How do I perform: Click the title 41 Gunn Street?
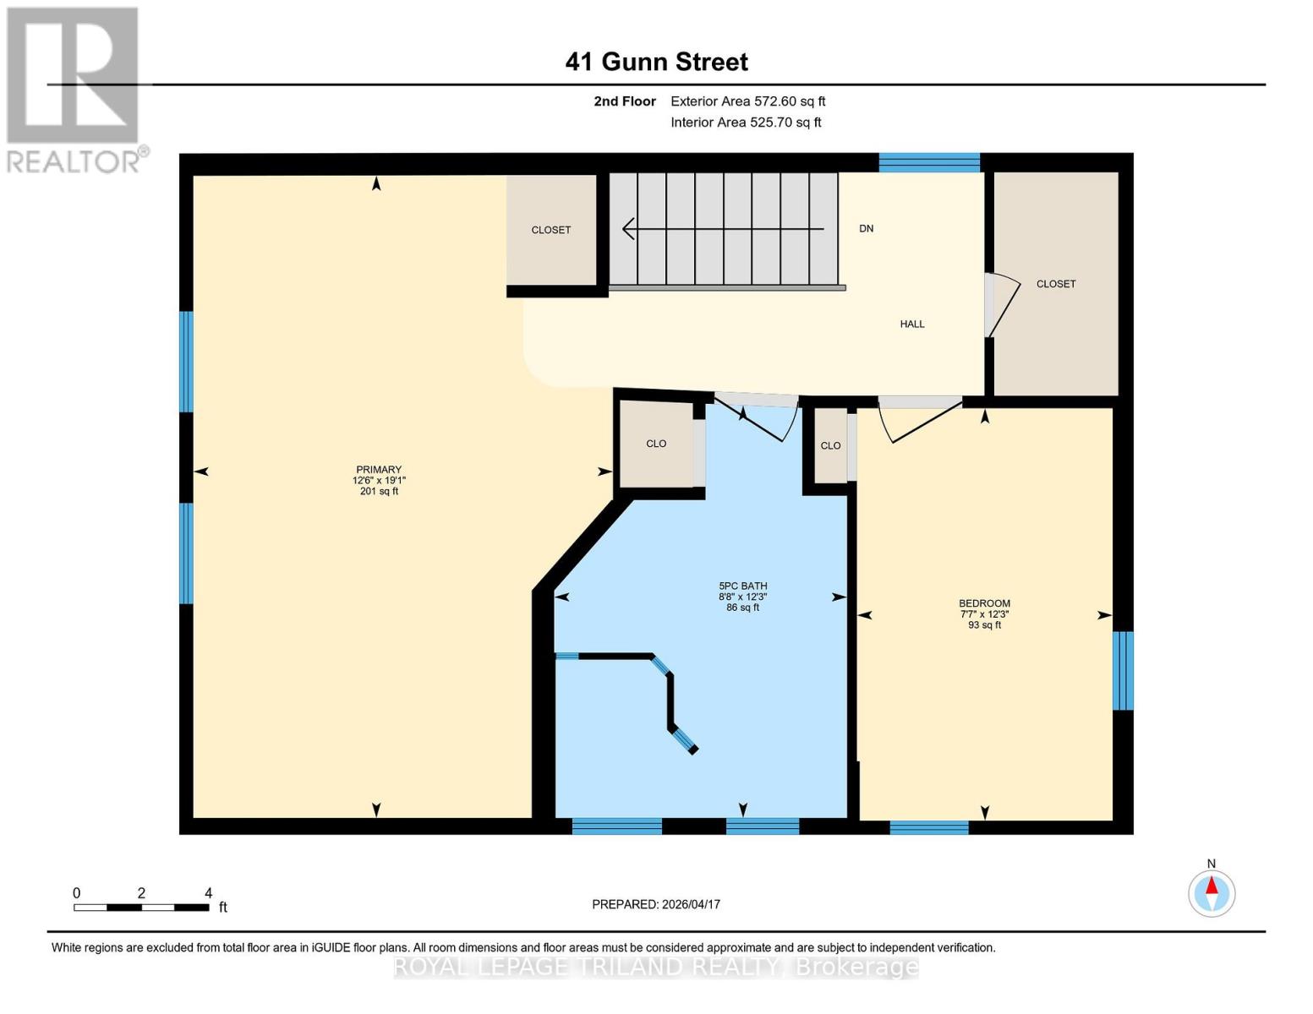[x=656, y=62]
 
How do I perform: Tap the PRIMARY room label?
[x=378, y=470]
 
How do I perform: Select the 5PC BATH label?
[x=742, y=586]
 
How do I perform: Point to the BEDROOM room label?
[x=984, y=603]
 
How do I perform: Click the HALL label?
[x=911, y=324]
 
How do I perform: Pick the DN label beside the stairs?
[x=866, y=229]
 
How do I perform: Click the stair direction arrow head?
[x=628, y=229]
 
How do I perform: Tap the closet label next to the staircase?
[x=550, y=230]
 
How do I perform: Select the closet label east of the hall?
[x=1056, y=284]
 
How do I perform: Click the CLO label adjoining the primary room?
[x=656, y=444]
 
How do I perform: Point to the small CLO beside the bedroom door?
[x=830, y=445]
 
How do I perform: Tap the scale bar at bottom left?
[x=141, y=907]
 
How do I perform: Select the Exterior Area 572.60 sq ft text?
[x=747, y=101]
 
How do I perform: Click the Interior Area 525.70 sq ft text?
[x=746, y=123]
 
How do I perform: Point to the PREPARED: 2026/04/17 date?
[x=656, y=904]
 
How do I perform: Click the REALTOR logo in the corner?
[x=74, y=89]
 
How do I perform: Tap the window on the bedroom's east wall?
[x=1122, y=670]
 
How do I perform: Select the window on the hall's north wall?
[x=928, y=162]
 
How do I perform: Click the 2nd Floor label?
[x=625, y=101]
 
